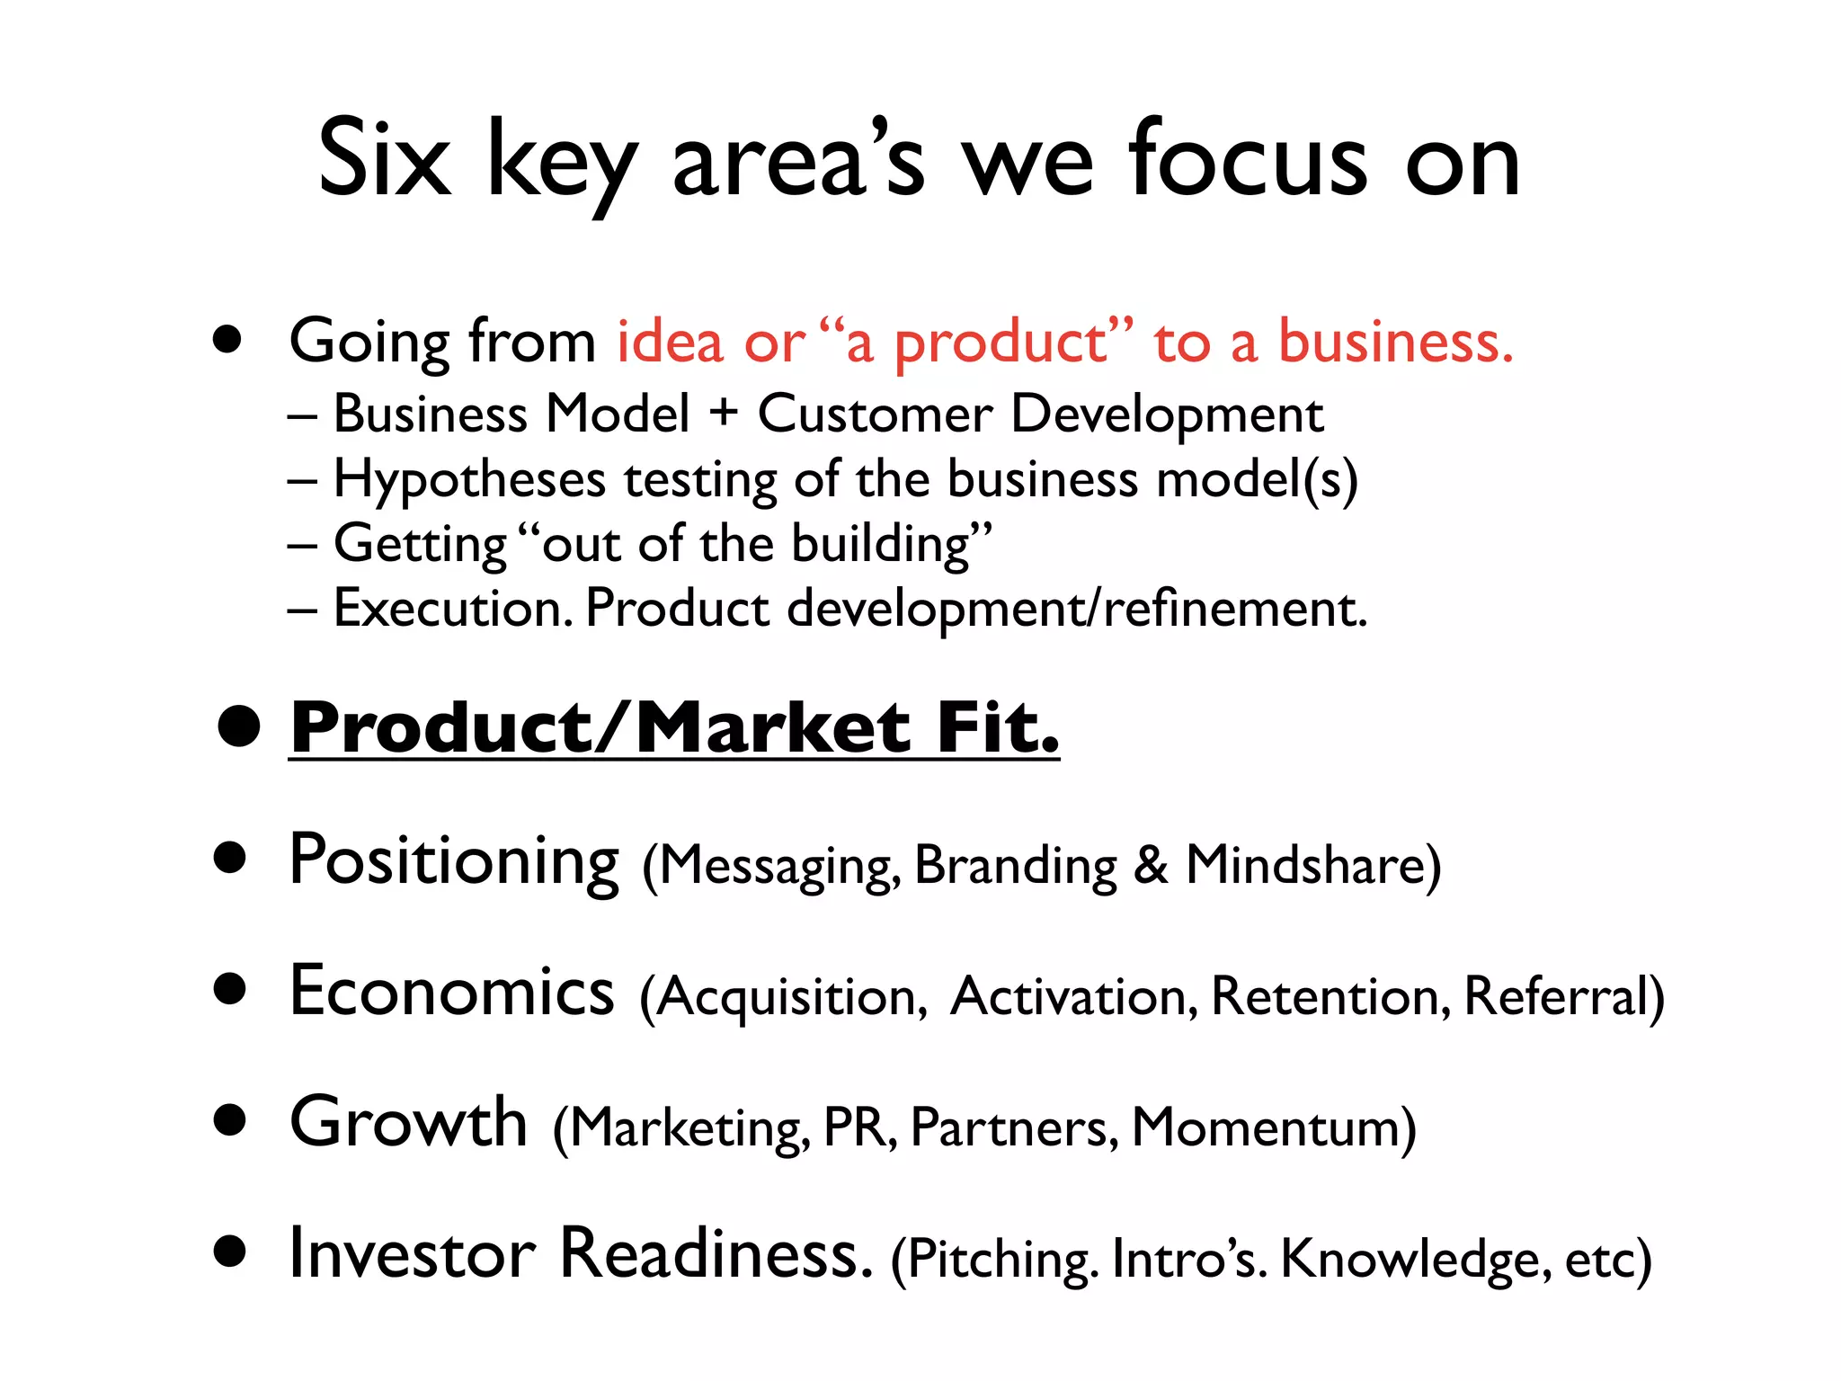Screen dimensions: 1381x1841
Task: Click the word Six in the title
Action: pyautogui.click(x=384, y=159)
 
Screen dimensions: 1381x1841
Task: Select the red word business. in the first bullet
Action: pyautogui.click(x=1396, y=342)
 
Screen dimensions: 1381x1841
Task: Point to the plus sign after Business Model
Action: pyautogui.click(x=724, y=414)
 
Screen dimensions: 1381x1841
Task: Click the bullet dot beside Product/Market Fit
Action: pyautogui.click(x=238, y=726)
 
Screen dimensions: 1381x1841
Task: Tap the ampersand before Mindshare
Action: pyautogui.click(x=1151, y=865)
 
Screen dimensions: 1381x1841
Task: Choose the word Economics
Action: pyautogui.click(x=451, y=991)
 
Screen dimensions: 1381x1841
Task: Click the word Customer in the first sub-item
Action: pyautogui.click(x=875, y=414)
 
